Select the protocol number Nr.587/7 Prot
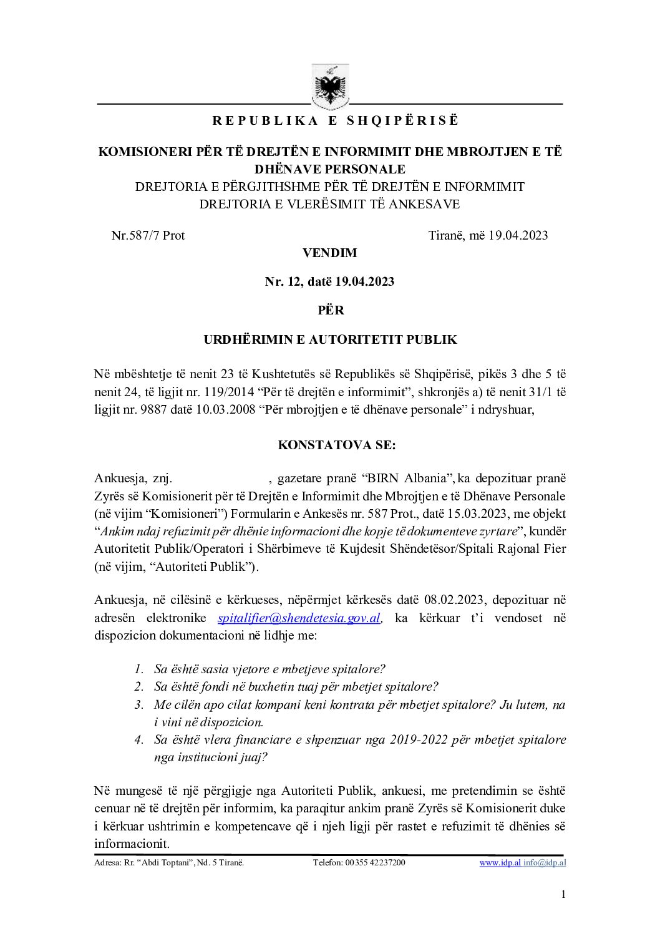pyautogui.click(x=148, y=235)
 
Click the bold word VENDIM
pyautogui.click(x=329, y=253)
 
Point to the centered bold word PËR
pyautogui.click(x=329, y=309)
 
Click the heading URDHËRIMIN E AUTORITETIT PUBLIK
pyautogui.click(x=330, y=340)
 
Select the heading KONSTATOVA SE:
pyautogui.click(x=329, y=446)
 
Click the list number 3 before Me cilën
pyautogui.click(x=138, y=705)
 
